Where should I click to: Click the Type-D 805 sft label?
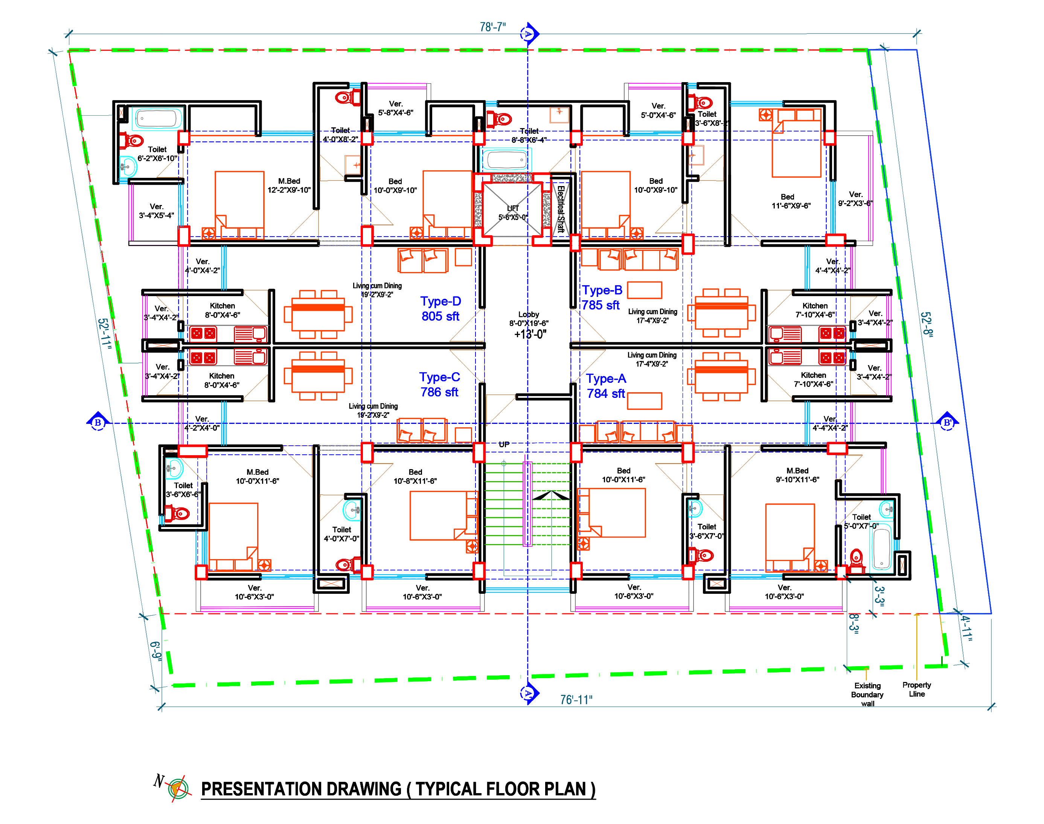coord(440,309)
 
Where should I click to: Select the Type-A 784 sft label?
coord(606,386)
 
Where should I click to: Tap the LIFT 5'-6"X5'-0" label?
coord(512,213)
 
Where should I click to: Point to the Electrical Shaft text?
coord(561,209)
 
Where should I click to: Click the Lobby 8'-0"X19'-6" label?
coord(528,319)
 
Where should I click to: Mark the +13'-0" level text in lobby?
coord(530,334)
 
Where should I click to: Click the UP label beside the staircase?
coord(504,444)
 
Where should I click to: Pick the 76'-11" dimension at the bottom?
coord(576,700)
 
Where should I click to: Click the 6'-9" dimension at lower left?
coord(155,650)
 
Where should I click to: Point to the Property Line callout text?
coord(916,689)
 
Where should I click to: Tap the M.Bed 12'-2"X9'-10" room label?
coord(289,186)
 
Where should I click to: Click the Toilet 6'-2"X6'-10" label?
coord(157,154)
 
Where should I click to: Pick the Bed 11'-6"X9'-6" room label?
coord(791,201)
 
